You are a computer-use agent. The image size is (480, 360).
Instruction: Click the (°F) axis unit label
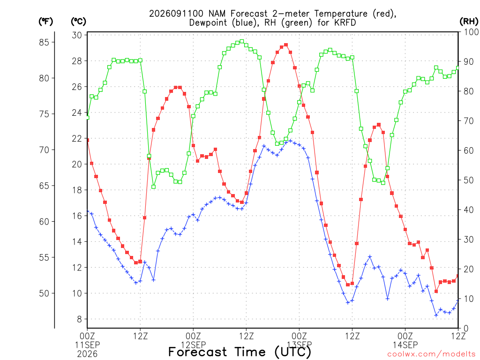pos(45,22)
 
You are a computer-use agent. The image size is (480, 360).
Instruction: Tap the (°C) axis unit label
pos(78,22)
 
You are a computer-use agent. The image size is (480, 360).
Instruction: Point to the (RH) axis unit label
pos(468,21)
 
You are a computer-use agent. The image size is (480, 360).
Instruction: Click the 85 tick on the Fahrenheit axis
pos(44,42)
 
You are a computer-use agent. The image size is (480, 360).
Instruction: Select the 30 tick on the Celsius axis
pos(77,35)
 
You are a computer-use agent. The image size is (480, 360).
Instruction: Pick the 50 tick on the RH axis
pos(468,180)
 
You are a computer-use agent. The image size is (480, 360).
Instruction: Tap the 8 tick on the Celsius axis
pos(80,319)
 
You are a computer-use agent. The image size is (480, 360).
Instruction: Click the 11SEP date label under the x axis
pos(88,345)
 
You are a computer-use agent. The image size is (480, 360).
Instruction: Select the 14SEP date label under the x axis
pos(405,345)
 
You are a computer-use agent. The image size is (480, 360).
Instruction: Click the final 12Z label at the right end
pos(458,336)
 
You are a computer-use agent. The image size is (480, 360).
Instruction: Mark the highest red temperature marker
pos(286,45)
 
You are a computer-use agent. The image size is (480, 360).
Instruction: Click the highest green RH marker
pos(242,41)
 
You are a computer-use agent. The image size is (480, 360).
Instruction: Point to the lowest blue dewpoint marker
pos(436,315)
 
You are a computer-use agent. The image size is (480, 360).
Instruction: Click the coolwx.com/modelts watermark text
pos(431,354)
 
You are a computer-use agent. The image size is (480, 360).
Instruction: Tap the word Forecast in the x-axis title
pos(198,352)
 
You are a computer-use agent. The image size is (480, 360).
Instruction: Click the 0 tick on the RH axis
pos(466,329)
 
